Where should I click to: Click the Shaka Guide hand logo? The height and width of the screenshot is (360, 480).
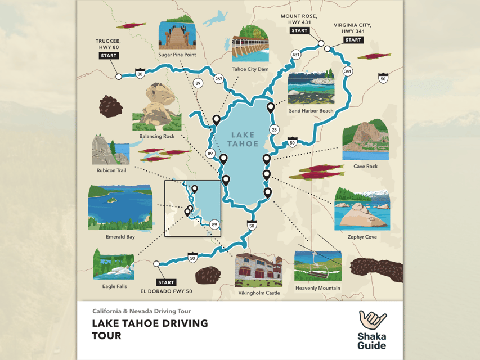coord(372,322)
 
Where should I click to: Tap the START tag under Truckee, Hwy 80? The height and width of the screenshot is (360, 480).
coord(108,56)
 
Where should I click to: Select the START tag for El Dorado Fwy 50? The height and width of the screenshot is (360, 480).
coord(166,282)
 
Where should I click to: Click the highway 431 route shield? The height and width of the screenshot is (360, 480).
coord(296,55)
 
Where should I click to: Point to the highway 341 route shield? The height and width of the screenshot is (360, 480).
coord(347,71)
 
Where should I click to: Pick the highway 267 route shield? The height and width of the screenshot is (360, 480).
coord(218,79)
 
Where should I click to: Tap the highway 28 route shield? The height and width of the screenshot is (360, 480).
coord(275,130)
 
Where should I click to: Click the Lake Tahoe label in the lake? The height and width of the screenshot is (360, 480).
coord(243,139)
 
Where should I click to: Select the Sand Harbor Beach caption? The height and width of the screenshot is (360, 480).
coord(311,111)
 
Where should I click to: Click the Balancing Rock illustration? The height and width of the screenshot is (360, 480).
coord(156,106)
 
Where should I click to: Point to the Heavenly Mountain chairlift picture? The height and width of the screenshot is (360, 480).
coord(317,264)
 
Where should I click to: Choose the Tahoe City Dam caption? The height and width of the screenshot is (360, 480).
coord(250,69)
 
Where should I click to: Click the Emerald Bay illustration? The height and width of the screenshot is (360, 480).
coord(120,208)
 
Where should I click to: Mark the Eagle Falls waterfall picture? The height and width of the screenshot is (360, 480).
coord(114,264)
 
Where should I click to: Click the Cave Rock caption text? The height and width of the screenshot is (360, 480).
coord(365,166)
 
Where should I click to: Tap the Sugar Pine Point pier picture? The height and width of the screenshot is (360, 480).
coord(177,34)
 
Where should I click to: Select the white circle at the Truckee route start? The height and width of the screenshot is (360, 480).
coord(119,76)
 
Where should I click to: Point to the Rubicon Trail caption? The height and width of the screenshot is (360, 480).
coord(111,170)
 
